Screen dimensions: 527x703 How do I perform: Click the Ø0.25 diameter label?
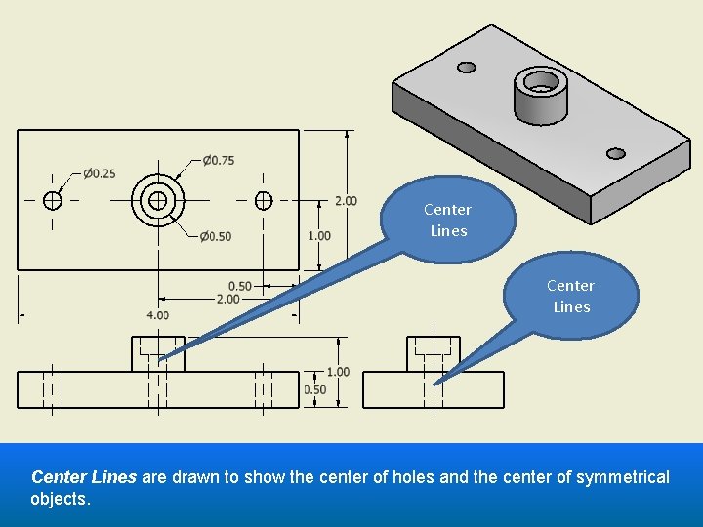(99, 174)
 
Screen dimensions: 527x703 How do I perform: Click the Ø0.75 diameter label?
(219, 161)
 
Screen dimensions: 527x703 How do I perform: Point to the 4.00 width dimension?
(157, 315)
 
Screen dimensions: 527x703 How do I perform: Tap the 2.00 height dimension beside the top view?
(346, 201)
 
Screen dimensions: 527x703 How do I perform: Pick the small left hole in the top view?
(53, 200)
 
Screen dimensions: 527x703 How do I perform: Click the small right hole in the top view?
(263, 200)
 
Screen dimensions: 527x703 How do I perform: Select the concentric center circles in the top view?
(158, 200)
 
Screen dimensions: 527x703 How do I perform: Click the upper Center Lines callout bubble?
(447, 221)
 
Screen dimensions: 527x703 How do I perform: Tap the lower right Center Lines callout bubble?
(571, 296)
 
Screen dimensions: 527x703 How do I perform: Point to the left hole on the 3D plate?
(467, 67)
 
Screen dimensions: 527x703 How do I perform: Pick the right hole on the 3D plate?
(615, 153)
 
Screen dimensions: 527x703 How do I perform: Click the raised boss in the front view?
(158, 353)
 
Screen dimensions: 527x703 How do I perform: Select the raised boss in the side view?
(434, 353)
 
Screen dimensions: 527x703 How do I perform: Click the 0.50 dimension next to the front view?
(315, 389)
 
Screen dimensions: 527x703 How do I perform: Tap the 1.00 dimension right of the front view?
(338, 372)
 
